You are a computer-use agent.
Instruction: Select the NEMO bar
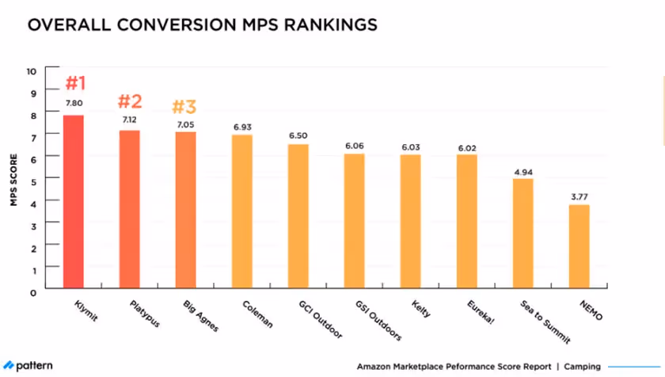coord(579,247)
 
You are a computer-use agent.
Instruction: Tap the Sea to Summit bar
coord(522,234)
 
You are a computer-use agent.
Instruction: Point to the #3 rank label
coord(186,107)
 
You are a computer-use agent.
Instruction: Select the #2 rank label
coord(130,101)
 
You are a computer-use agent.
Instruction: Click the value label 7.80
coord(74,104)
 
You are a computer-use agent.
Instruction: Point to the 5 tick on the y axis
coord(32,181)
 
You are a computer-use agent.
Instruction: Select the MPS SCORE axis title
coord(13,181)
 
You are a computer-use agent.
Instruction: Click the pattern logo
coord(28,366)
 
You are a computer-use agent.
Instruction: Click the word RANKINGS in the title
coord(325,25)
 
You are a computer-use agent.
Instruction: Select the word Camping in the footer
coord(582,367)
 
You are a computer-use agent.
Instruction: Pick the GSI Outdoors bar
coord(355,222)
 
